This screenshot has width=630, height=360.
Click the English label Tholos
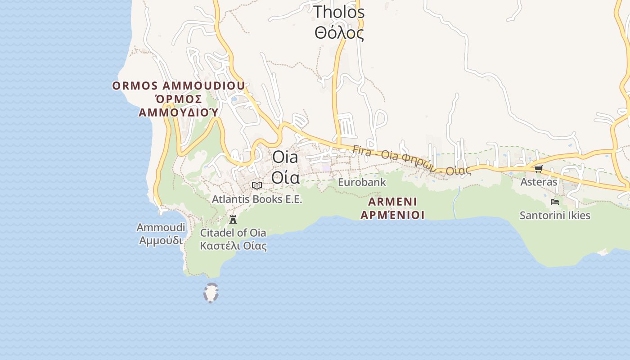[x=339, y=12]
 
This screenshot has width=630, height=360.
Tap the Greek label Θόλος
[x=339, y=33]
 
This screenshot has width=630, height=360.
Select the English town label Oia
[x=285, y=157]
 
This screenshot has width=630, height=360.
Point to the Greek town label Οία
[x=285, y=178]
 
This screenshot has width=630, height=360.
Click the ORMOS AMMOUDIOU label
[x=179, y=85]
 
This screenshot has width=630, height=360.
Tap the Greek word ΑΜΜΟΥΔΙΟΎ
[x=179, y=112]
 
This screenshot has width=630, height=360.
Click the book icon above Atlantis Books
[x=257, y=185]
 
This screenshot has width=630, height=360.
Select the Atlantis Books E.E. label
[x=257, y=199]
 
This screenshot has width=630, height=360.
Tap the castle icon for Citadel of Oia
[x=233, y=220]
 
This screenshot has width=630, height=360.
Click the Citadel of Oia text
[x=233, y=233]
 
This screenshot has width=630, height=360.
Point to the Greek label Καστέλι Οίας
[x=233, y=246]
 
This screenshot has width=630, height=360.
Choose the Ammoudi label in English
[x=161, y=227]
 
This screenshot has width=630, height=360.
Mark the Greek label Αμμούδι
[x=161, y=240]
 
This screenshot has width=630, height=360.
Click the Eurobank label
[x=362, y=182]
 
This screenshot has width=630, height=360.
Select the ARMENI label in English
[x=392, y=201]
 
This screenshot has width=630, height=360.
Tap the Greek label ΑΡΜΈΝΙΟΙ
[x=392, y=215]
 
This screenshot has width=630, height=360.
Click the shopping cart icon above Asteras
[x=539, y=169]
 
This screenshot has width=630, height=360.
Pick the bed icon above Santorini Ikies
[x=555, y=202]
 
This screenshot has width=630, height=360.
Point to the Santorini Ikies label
[x=555, y=215]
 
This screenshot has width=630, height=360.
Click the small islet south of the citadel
[x=211, y=293]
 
